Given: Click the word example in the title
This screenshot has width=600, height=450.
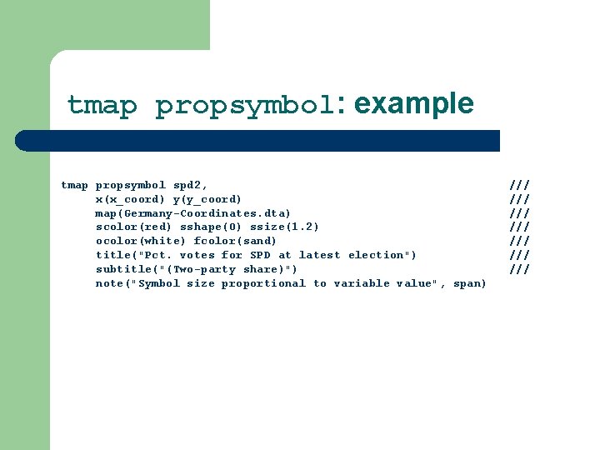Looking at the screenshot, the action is (x=413, y=104).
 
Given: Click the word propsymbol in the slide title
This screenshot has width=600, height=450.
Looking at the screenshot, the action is (x=244, y=106).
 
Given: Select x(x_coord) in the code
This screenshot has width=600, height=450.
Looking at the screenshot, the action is (x=130, y=199).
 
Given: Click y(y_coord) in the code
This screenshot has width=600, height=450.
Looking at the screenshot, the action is (x=207, y=199).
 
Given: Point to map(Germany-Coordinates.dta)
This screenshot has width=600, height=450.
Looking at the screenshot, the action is (x=193, y=213).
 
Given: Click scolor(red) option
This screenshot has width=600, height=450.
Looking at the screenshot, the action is (x=133, y=227).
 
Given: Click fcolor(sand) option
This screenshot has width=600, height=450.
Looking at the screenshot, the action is (x=235, y=241).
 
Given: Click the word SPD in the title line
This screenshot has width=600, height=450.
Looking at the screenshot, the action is (x=260, y=255).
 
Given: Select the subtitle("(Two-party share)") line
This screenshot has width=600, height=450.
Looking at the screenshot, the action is (x=197, y=269).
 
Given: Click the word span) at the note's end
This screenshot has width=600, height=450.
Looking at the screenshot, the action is (x=470, y=283).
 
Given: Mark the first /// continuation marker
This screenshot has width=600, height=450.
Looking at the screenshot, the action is (x=519, y=185).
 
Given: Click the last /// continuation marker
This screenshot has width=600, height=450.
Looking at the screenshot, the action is (x=519, y=269).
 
